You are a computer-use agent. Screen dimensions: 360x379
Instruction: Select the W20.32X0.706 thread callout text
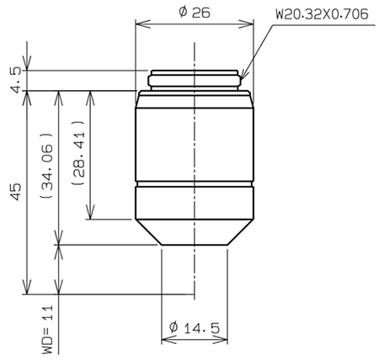click(x=322, y=14)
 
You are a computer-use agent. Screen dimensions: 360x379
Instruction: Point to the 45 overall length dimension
click(x=15, y=194)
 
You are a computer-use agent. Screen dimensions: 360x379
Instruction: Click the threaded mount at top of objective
click(x=195, y=80)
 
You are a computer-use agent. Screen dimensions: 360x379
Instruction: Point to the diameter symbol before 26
click(x=182, y=12)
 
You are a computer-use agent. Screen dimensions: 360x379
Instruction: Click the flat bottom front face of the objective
click(x=195, y=245)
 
